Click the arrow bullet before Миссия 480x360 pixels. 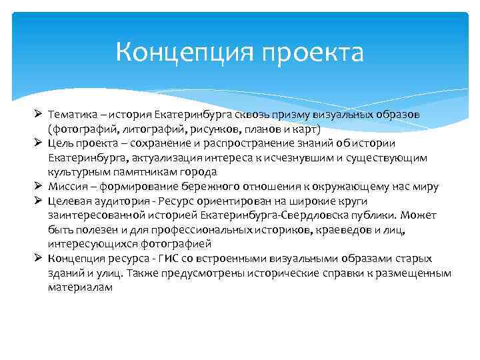point(39,186)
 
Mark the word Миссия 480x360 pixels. point(67,187)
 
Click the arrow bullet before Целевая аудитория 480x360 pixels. point(39,201)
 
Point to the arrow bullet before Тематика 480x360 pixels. point(39,114)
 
